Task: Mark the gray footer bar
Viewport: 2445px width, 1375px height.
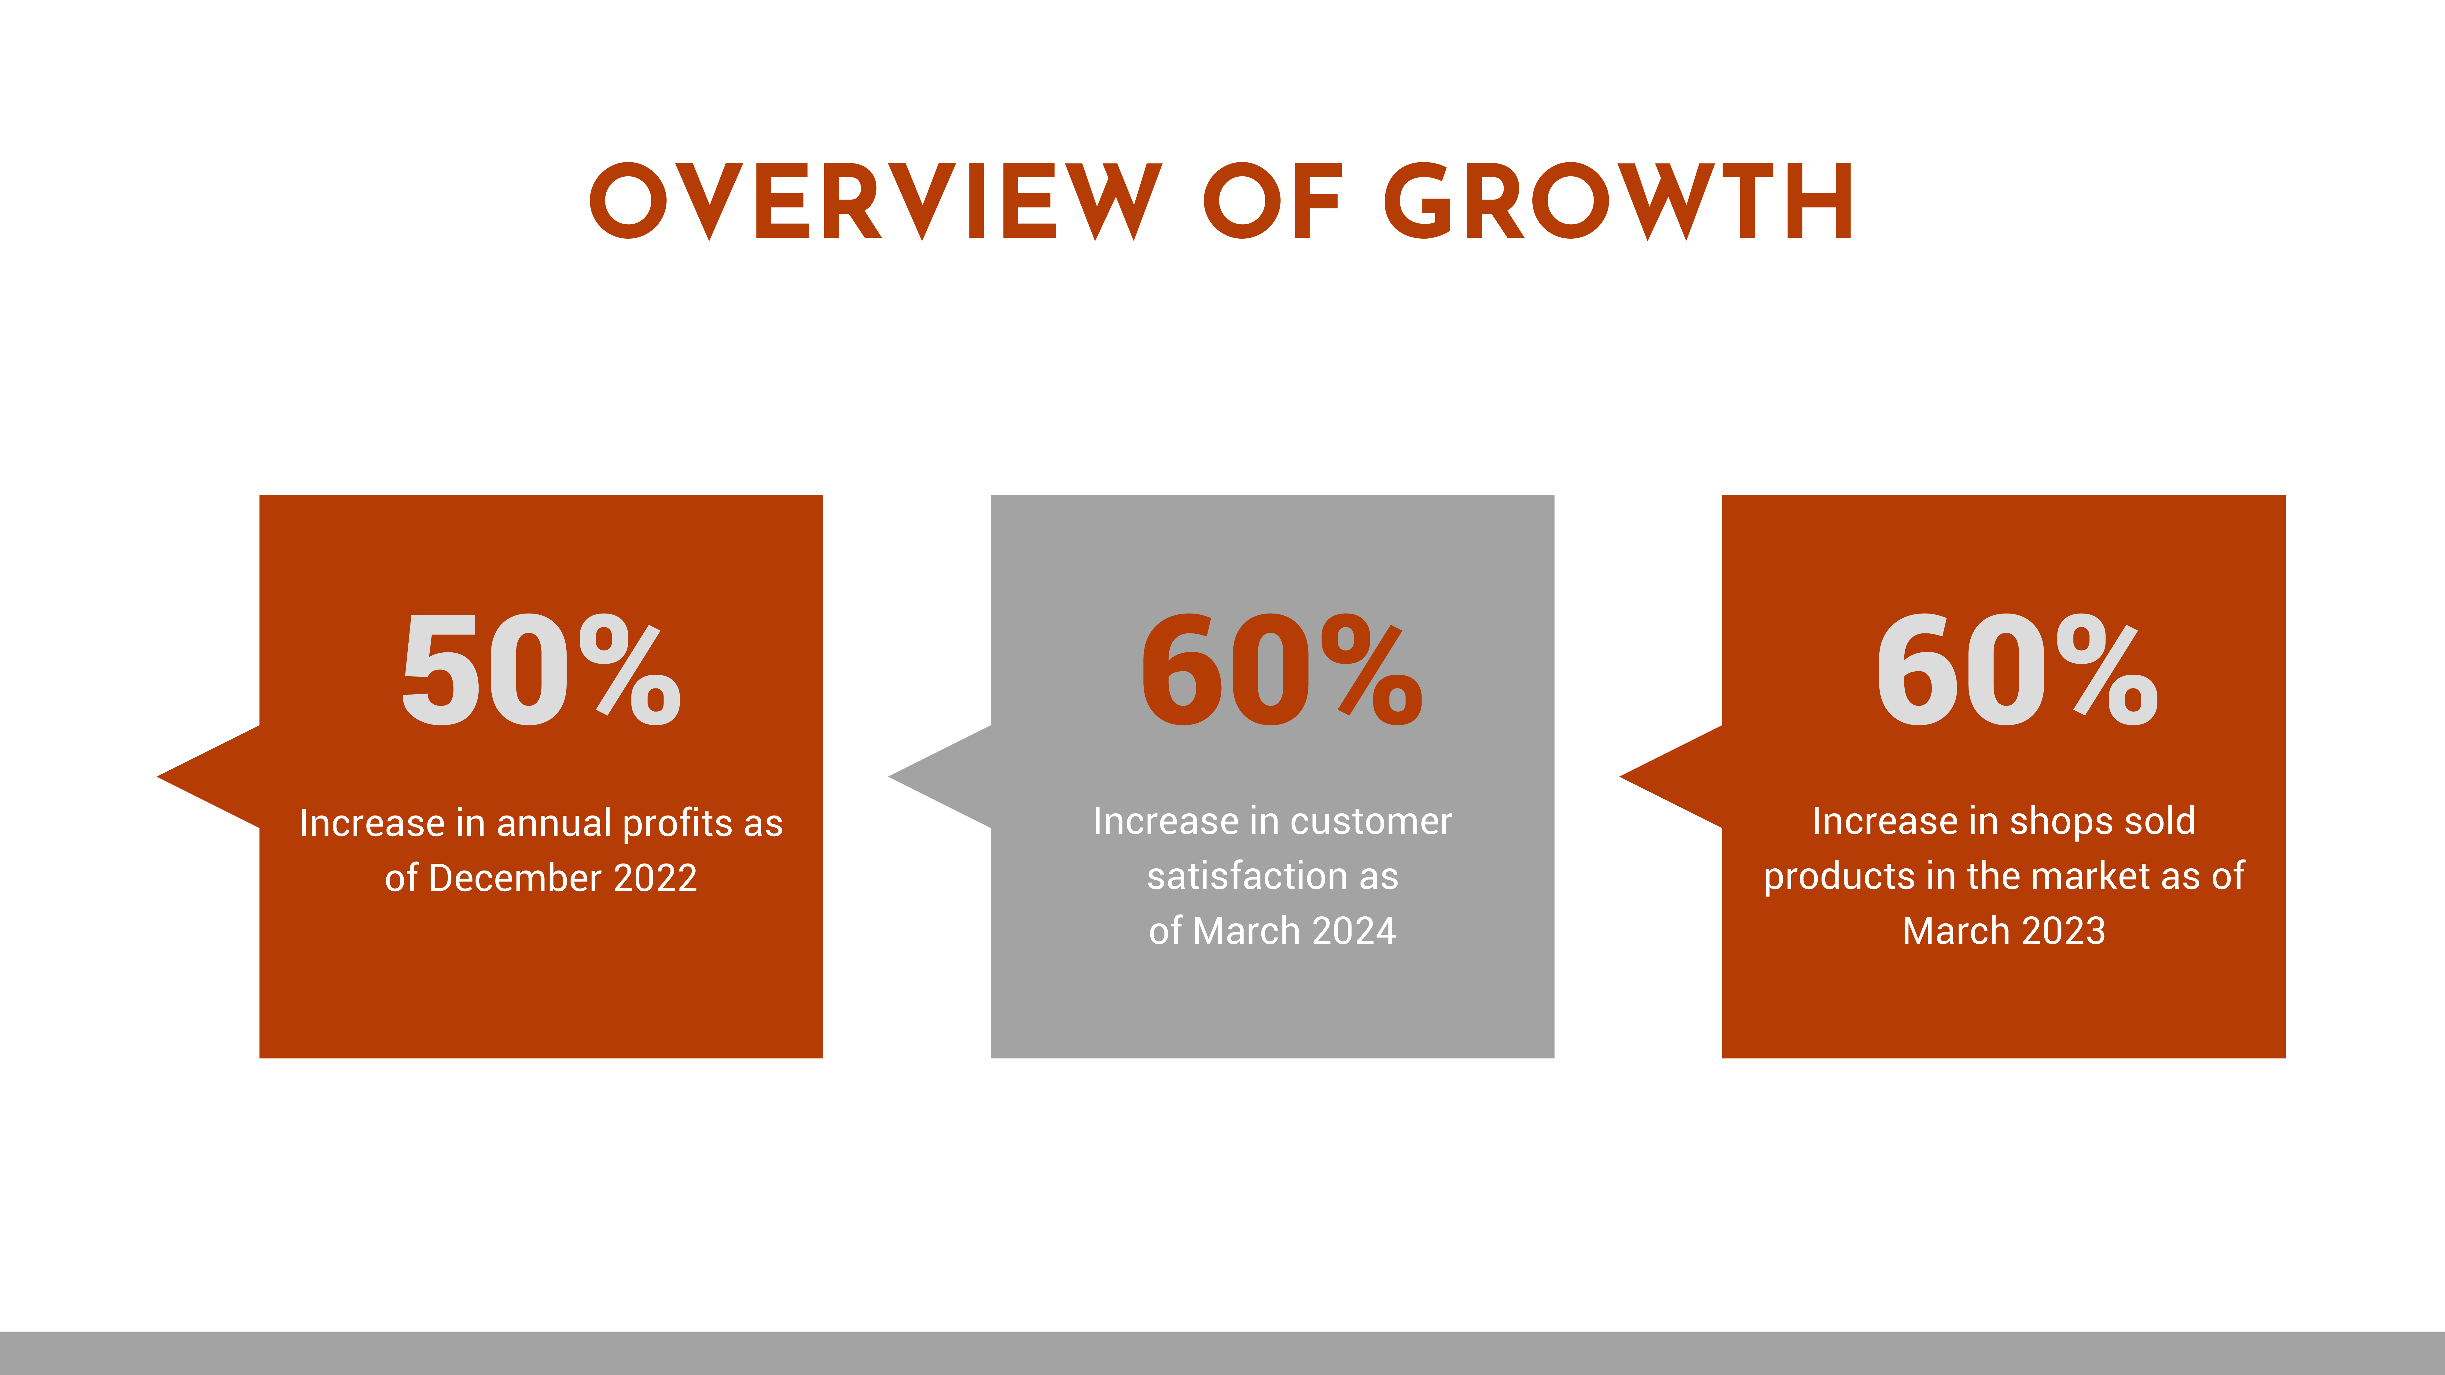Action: pyautogui.click(x=1222, y=1353)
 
